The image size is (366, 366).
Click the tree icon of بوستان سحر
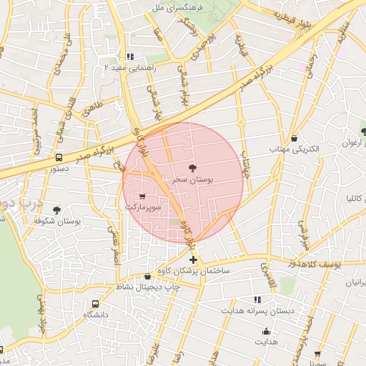tap(190, 168)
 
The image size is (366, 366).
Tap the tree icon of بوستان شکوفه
tap(56, 210)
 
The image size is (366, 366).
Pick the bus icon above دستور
tap(59, 157)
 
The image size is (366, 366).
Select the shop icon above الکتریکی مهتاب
tap(295, 138)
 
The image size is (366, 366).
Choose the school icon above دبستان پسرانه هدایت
tap(257, 300)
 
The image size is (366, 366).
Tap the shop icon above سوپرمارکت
tap(143, 195)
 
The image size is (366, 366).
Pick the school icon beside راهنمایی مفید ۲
tap(129, 56)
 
